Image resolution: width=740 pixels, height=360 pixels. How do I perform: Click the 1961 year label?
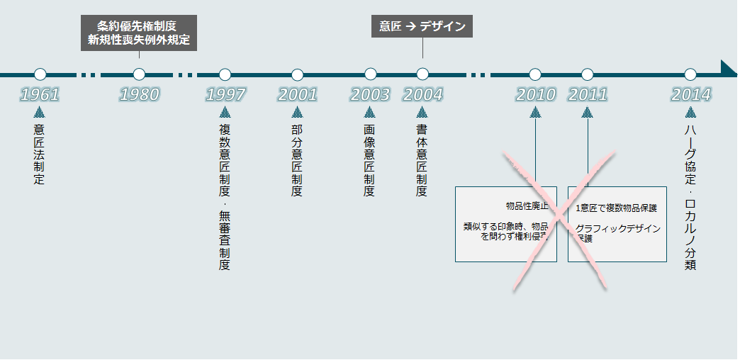40,94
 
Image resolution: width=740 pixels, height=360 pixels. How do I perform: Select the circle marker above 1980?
139,74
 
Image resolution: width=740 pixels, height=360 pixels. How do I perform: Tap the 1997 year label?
225,94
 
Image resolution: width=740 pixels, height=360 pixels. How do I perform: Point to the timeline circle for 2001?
298,74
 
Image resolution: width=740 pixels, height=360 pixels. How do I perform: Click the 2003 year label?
370,94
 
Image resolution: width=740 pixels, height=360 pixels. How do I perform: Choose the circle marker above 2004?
422,74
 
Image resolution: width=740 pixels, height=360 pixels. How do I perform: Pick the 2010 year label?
535,94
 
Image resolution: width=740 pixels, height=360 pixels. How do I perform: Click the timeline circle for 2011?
587,74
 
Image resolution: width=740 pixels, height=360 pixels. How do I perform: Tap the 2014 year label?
690,94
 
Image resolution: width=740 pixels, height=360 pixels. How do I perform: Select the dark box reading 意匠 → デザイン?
422,27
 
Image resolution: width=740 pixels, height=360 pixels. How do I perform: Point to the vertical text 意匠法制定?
40,154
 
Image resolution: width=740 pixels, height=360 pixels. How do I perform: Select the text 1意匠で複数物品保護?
616,208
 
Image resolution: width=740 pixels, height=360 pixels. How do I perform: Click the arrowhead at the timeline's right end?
729,68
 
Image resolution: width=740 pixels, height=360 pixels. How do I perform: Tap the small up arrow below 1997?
225,112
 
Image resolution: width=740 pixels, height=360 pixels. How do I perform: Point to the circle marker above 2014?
690,74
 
